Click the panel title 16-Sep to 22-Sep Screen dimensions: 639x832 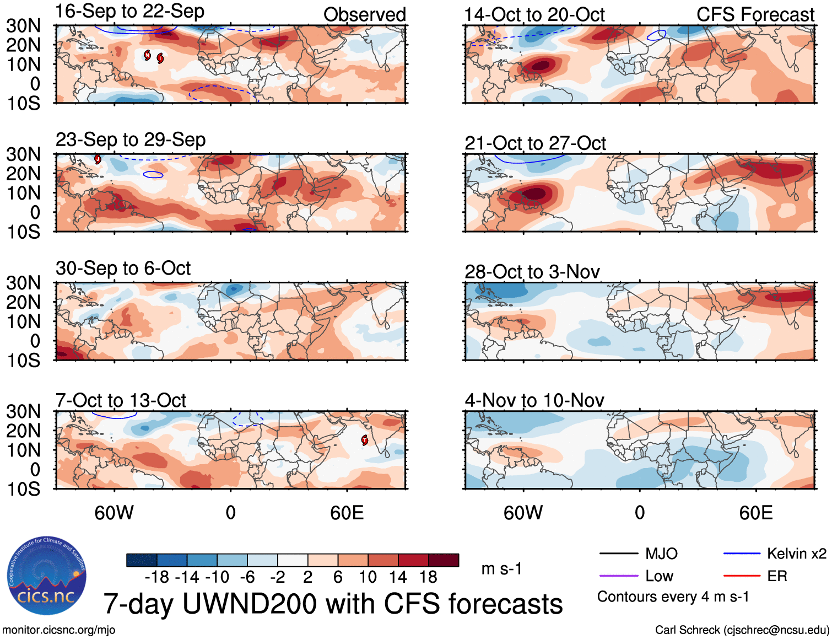(130, 12)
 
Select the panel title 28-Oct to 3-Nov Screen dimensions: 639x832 (532, 272)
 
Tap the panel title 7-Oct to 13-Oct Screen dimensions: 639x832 (121, 400)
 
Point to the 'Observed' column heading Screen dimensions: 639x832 (364, 15)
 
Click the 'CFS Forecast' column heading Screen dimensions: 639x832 (755, 15)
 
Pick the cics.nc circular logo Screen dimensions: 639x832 (46, 576)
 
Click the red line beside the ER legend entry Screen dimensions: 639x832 (741, 576)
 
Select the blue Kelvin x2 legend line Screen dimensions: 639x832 (741, 554)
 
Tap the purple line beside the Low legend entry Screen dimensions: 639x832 (618, 576)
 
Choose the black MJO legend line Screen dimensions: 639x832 (618, 554)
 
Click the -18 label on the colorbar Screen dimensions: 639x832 (156, 577)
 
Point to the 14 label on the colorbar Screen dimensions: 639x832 (397, 577)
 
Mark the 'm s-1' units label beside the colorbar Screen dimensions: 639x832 (501, 569)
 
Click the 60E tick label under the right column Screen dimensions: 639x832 (755, 513)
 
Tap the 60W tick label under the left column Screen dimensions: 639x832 (114, 513)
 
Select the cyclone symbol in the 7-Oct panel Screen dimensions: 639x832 (364, 440)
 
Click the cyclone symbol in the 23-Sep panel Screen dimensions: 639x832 (98, 159)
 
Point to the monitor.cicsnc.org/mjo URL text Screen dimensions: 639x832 (59, 630)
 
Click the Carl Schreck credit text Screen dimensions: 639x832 (742, 630)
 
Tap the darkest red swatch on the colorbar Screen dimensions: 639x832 (444, 560)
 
